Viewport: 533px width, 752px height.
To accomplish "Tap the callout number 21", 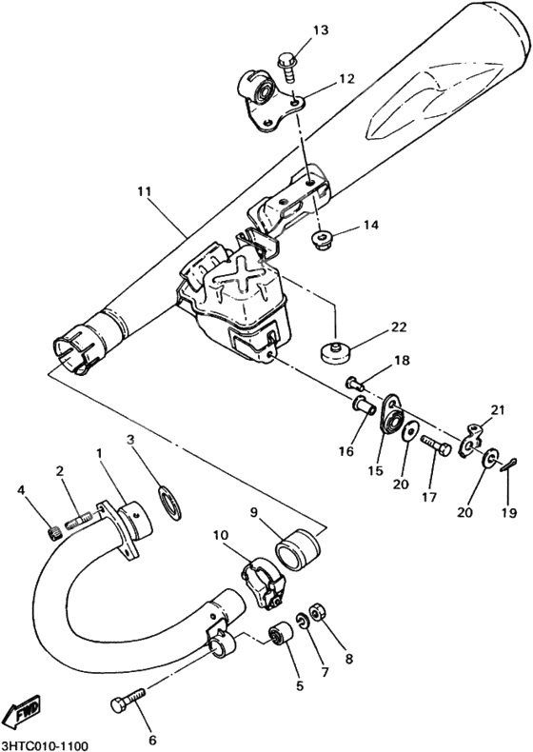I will tap(494, 409).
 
